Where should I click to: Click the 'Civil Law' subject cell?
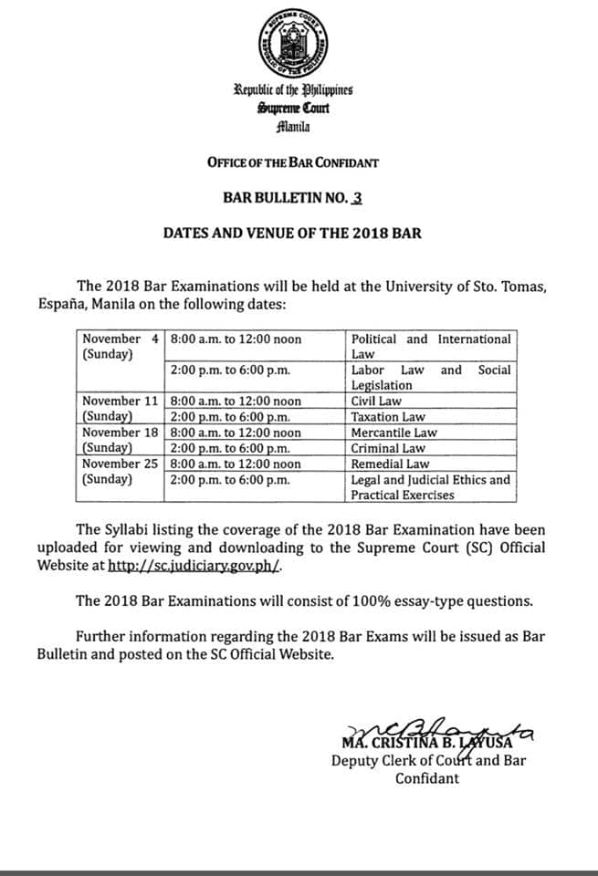point(378,401)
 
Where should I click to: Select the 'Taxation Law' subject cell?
point(387,417)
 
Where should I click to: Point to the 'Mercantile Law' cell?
point(393,433)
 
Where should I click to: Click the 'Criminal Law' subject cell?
point(389,448)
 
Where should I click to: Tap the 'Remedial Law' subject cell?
point(391,464)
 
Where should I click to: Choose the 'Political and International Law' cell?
point(430,346)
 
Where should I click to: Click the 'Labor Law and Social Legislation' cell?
point(430,377)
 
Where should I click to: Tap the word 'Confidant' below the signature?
point(427,777)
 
